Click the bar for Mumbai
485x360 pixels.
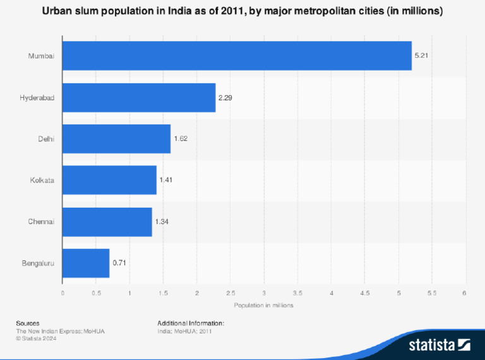click(x=237, y=56)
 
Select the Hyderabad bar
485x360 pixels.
click(x=139, y=98)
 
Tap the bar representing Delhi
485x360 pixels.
click(x=116, y=139)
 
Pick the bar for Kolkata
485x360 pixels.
click(x=109, y=180)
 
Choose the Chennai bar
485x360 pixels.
click(x=107, y=222)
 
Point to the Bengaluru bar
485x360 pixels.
click(x=86, y=263)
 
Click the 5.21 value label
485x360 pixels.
click(x=421, y=56)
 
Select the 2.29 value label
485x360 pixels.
click(x=225, y=98)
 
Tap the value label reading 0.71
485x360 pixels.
click(x=119, y=263)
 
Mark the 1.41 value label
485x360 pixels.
click(x=165, y=180)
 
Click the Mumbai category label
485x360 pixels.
click(x=41, y=56)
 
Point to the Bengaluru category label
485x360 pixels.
click(x=37, y=263)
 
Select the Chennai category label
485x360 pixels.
click(x=41, y=222)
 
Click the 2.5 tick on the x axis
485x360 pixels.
click(x=231, y=292)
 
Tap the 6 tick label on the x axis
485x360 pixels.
click(x=465, y=292)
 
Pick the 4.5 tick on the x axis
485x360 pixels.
click(x=365, y=292)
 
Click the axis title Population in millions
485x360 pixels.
click(x=263, y=305)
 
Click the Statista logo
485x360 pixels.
click(x=440, y=344)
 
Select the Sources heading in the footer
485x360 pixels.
click(x=28, y=323)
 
